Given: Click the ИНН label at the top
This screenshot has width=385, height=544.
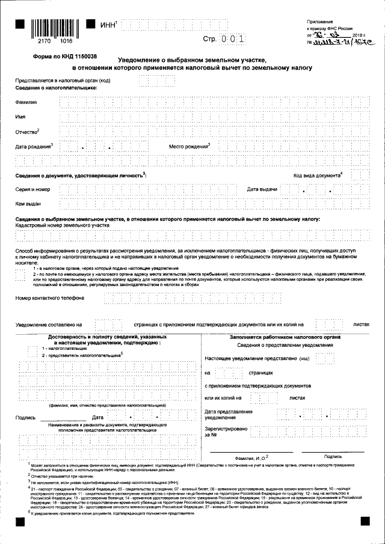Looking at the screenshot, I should pos(108,25).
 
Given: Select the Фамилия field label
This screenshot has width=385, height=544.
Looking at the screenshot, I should pos(26,102).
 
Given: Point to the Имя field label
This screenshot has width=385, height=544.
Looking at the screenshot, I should pos(20,117).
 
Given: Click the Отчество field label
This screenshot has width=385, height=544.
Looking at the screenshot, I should pos(27,132).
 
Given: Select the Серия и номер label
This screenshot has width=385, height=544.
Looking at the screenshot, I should pos(32,190).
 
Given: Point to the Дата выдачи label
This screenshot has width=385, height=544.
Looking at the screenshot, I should pos(262,190).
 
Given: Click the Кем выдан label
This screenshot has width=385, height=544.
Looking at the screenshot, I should pos(28,204).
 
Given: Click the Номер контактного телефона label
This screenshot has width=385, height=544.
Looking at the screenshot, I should pos(49,297).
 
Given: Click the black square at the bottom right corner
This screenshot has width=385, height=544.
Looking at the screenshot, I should pos(365,521).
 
